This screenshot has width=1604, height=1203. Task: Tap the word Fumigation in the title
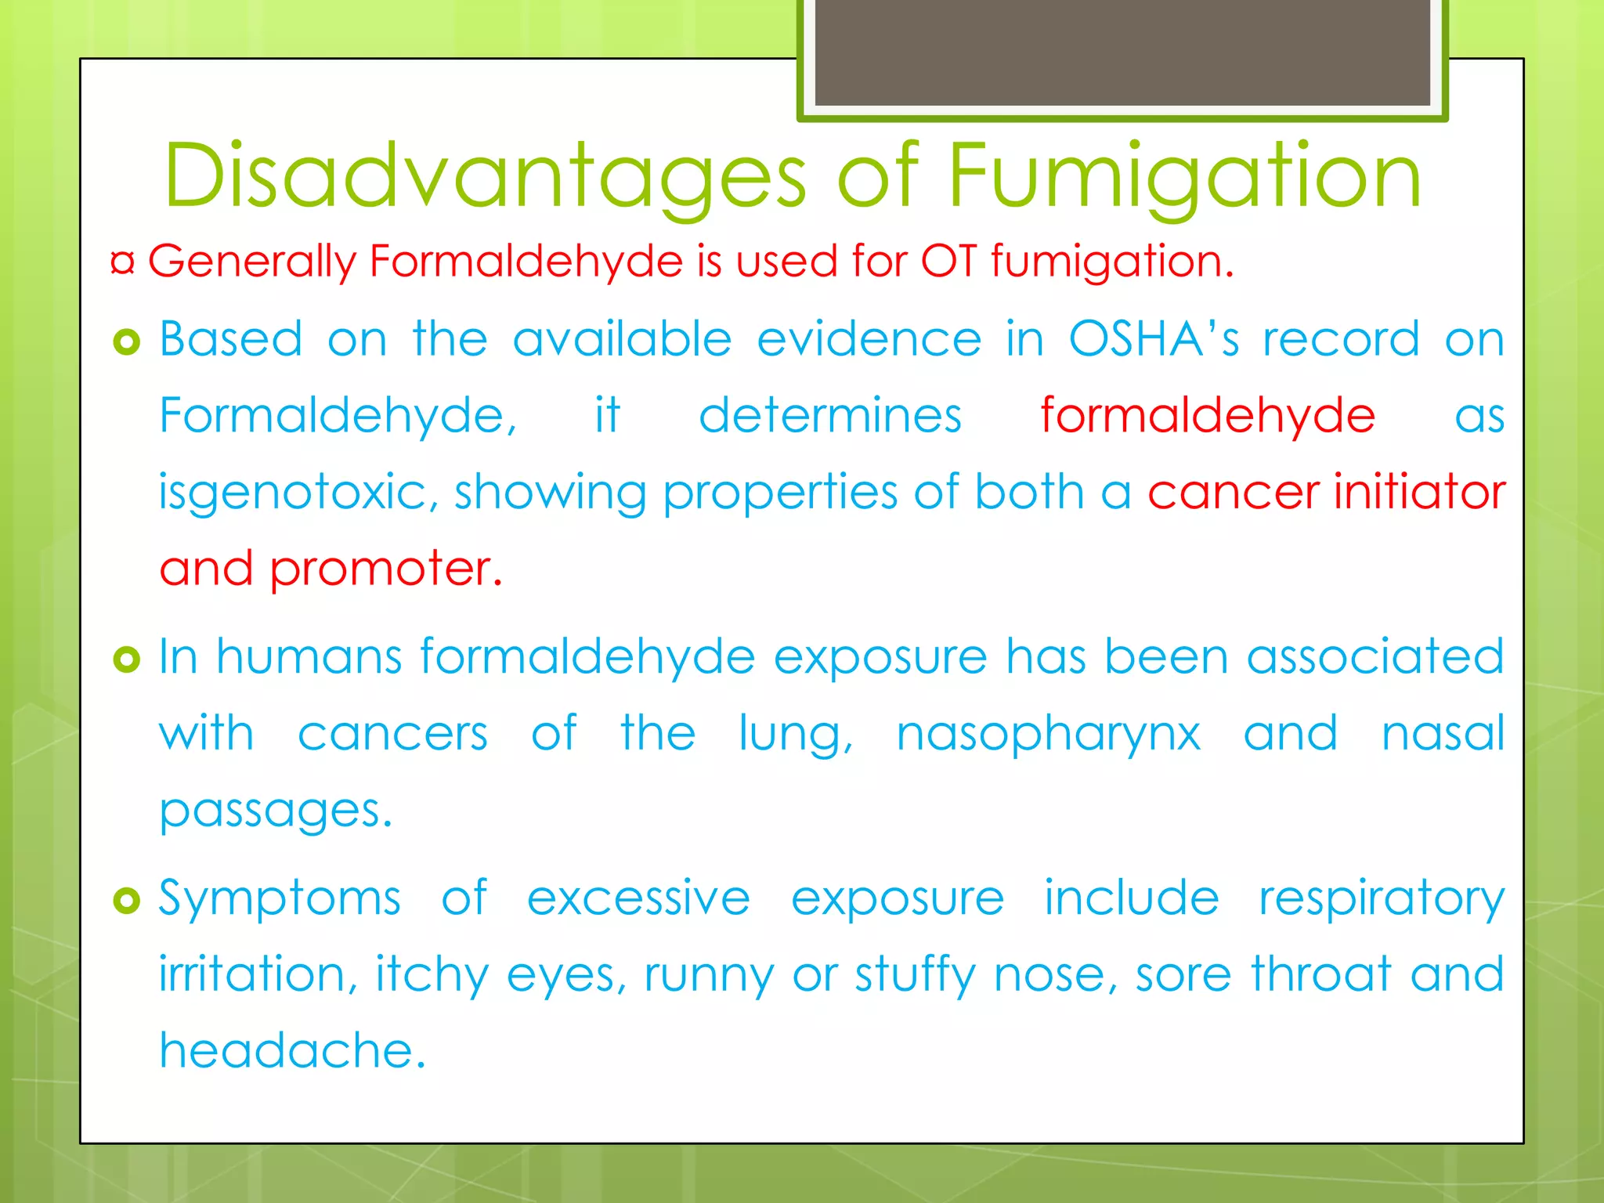1184,177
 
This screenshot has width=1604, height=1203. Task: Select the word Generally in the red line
251,262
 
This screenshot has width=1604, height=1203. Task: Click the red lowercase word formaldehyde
1207,415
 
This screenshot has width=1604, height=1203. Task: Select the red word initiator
1419,492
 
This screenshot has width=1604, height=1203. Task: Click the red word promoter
385,569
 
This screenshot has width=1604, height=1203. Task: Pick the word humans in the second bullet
309,656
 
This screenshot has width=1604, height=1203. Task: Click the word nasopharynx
1048,735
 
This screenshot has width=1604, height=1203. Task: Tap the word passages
275,811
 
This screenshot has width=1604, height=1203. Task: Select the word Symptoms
280,898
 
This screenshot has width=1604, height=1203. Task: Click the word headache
292,1051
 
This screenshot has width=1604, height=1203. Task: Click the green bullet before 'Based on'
126,341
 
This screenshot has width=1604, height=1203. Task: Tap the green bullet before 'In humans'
126,659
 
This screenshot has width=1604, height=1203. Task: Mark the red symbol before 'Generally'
123,262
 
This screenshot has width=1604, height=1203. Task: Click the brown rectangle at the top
1122,52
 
